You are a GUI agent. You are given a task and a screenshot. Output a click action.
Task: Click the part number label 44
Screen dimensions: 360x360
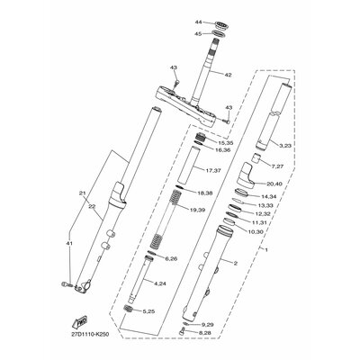tap(174, 21)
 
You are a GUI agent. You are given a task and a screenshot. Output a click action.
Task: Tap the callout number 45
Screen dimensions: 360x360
tap(174, 34)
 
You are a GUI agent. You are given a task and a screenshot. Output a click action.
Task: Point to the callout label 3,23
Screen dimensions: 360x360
tap(284, 145)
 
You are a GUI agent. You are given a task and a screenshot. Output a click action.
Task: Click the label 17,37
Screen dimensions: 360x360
tap(213, 170)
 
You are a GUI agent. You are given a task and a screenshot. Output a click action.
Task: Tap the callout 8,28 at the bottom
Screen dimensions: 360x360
tap(206, 333)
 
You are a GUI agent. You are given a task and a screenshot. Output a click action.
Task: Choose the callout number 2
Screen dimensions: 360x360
tap(236, 264)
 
